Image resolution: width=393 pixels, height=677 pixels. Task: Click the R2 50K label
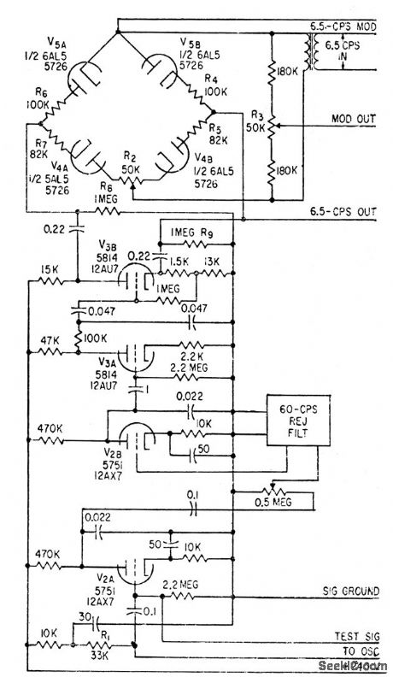(x=130, y=162)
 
